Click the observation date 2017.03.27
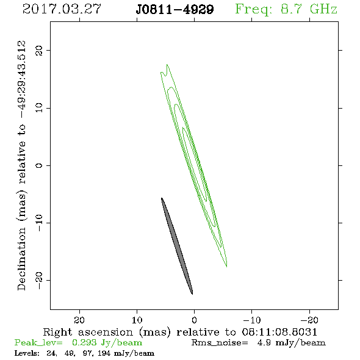pos(62,9)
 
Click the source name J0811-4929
pos(175,10)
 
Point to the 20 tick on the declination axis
pos(39,50)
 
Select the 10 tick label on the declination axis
pos(39,107)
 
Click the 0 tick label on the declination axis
pos(39,165)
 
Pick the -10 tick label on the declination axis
pos(39,223)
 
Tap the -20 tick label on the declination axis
pos(39,280)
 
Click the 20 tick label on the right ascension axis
pos(79,320)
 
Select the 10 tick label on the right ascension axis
pos(137,320)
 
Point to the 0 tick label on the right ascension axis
pos(194,320)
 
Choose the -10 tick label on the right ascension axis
pos(252,320)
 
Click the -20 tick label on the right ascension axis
pos(309,320)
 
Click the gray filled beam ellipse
pos(177,246)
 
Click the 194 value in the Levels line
pos(104,353)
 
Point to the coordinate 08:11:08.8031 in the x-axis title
pos(279,332)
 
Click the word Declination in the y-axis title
pos(21,259)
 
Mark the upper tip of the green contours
pos(167,65)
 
